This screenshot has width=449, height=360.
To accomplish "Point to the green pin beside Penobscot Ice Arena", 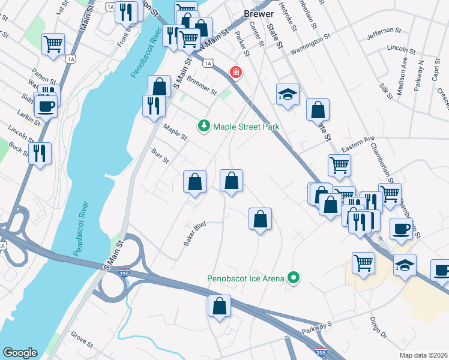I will click(294, 278).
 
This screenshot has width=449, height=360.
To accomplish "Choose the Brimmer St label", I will click(201, 85).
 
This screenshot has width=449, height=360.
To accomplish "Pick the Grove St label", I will click(82, 340).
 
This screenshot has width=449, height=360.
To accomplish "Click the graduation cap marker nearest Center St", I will click(288, 94).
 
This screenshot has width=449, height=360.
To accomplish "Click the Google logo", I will click(20, 353).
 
